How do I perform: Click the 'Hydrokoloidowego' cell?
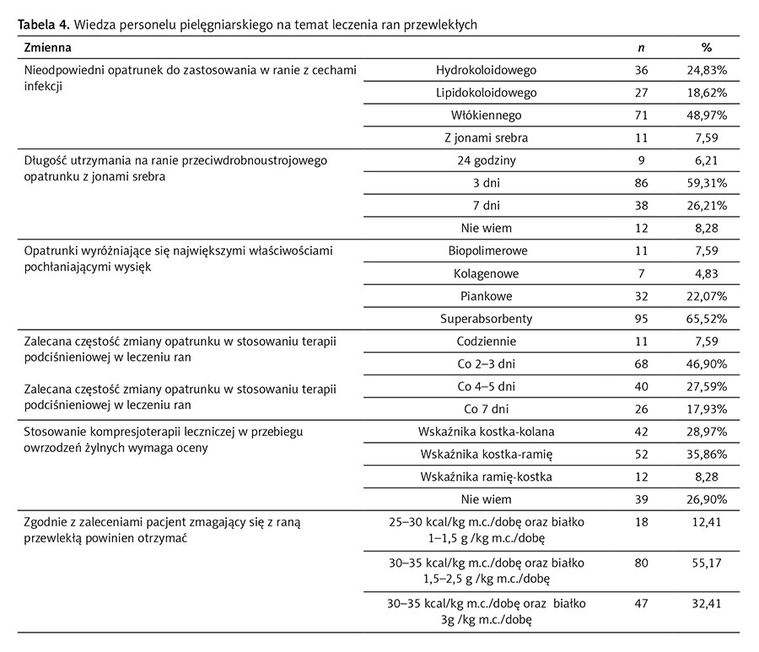click(487, 70)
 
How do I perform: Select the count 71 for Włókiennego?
click(643, 115)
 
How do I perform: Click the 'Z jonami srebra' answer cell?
click(487, 137)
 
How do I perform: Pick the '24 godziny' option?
click(487, 159)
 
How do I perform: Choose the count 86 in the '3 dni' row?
click(643, 182)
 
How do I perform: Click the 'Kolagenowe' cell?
click(487, 273)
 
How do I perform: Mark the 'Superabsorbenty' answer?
click(487, 319)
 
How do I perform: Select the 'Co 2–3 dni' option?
click(487, 364)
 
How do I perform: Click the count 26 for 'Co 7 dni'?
click(643, 410)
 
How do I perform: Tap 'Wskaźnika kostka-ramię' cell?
click(487, 455)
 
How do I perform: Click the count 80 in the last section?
click(643, 562)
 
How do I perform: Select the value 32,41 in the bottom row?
click(706, 604)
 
